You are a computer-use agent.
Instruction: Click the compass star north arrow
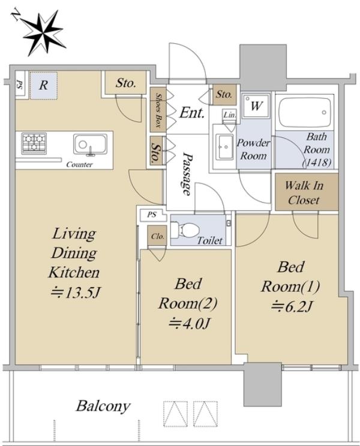[43, 34]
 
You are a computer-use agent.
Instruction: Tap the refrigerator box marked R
[44, 85]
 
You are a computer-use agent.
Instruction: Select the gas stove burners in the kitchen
[34, 144]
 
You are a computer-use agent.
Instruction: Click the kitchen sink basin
[90, 144]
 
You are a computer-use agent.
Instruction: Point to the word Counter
[79, 164]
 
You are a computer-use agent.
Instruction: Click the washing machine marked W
[256, 106]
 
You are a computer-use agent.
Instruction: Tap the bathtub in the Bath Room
[305, 111]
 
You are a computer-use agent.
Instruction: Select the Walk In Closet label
[304, 192]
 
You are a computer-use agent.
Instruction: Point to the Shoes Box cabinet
[158, 110]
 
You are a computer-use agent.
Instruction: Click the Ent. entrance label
[192, 113]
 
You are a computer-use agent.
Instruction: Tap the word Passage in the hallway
[187, 174]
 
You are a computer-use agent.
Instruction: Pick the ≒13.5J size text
[76, 293]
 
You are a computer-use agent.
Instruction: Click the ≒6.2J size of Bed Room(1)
[291, 306]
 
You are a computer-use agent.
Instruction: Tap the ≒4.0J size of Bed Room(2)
[189, 323]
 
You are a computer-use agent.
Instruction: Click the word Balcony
[103, 406]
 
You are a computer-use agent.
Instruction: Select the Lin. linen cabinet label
[229, 115]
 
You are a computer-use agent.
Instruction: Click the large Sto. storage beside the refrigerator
[125, 83]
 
